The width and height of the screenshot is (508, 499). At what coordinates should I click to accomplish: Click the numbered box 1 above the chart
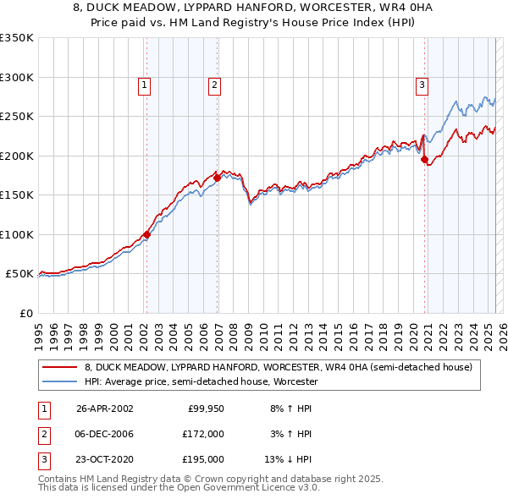(145, 85)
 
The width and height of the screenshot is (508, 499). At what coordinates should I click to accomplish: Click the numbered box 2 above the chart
(215, 85)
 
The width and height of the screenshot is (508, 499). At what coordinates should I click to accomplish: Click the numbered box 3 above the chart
(422, 85)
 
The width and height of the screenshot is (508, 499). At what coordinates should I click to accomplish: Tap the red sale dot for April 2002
(146, 234)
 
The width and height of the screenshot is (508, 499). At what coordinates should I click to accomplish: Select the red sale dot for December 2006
(217, 178)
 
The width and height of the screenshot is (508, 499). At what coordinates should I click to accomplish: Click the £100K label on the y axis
(16, 234)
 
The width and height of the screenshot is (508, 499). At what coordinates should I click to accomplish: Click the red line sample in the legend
(60, 367)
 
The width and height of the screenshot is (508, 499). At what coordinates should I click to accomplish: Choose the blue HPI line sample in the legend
(60, 381)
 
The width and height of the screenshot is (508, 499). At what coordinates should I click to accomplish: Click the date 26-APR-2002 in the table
(105, 408)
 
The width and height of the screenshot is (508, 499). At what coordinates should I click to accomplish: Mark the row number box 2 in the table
(42, 434)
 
